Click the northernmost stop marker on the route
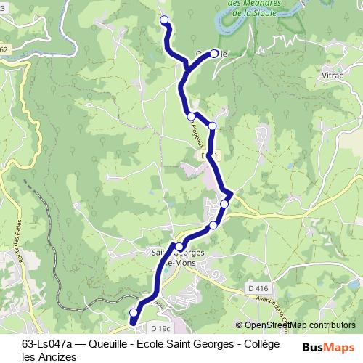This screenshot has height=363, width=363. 163,20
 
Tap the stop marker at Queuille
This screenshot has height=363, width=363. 215,52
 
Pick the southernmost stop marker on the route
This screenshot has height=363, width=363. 133,312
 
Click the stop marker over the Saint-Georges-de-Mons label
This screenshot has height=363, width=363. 179,247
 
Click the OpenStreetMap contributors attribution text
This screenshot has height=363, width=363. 295,325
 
